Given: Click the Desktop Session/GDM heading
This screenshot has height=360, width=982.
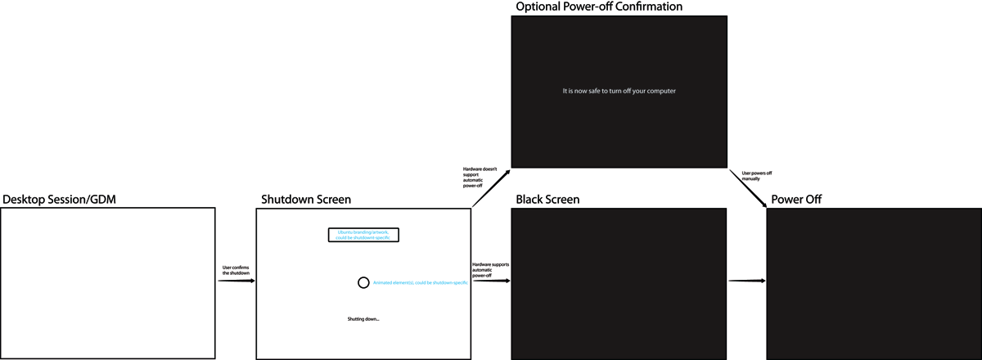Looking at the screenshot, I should pyautogui.click(x=53, y=200).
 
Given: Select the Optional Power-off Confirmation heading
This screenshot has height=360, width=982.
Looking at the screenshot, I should pyautogui.click(x=599, y=7).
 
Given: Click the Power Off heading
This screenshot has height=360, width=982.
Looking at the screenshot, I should pyautogui.click(x=796, y=200).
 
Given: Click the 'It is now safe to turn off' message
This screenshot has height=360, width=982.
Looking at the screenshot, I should pyautogui.click(x=619, y=91).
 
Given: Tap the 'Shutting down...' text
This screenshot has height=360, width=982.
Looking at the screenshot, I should pyautogui.click(x=363, y=318).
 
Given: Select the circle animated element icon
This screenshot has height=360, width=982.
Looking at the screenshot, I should pyautogui.click(x=363, y=282).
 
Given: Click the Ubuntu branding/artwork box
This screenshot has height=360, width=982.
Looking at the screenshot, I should pyautogui.click(x=363, y=235).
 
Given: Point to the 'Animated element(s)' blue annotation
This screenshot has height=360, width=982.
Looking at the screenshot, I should pyautogui.click(x=420, y=282).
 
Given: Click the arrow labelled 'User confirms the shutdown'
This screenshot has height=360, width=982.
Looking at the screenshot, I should pyautogui.click(x=236, y=281).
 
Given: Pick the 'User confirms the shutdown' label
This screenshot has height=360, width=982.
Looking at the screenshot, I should pyautogui.click(x=236, y=269).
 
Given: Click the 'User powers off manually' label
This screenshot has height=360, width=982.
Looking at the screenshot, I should pyautogui.click(x=757, y=176).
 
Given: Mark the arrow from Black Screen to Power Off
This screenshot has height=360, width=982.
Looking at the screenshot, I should pyautogui.click(x=746, y=281).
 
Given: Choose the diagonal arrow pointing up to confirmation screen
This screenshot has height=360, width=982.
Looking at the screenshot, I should pyautogui.click(x=491, y=189).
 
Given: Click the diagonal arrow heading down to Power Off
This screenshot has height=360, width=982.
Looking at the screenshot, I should pyautogui.click(x=748, y=189).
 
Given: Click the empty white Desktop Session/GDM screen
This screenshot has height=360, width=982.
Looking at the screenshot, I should pyautogui.click(x=108, y=282).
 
